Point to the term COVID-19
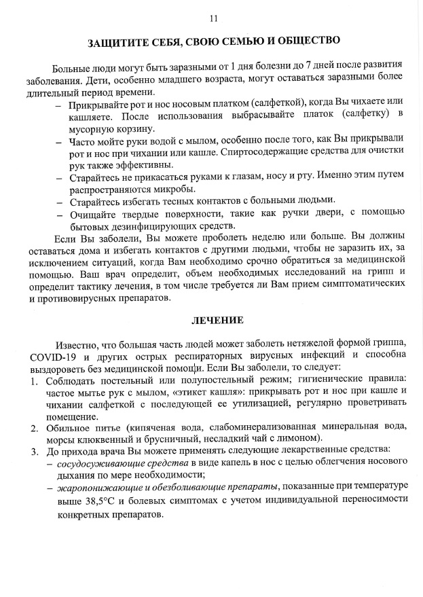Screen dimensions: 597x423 click(54, 357)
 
